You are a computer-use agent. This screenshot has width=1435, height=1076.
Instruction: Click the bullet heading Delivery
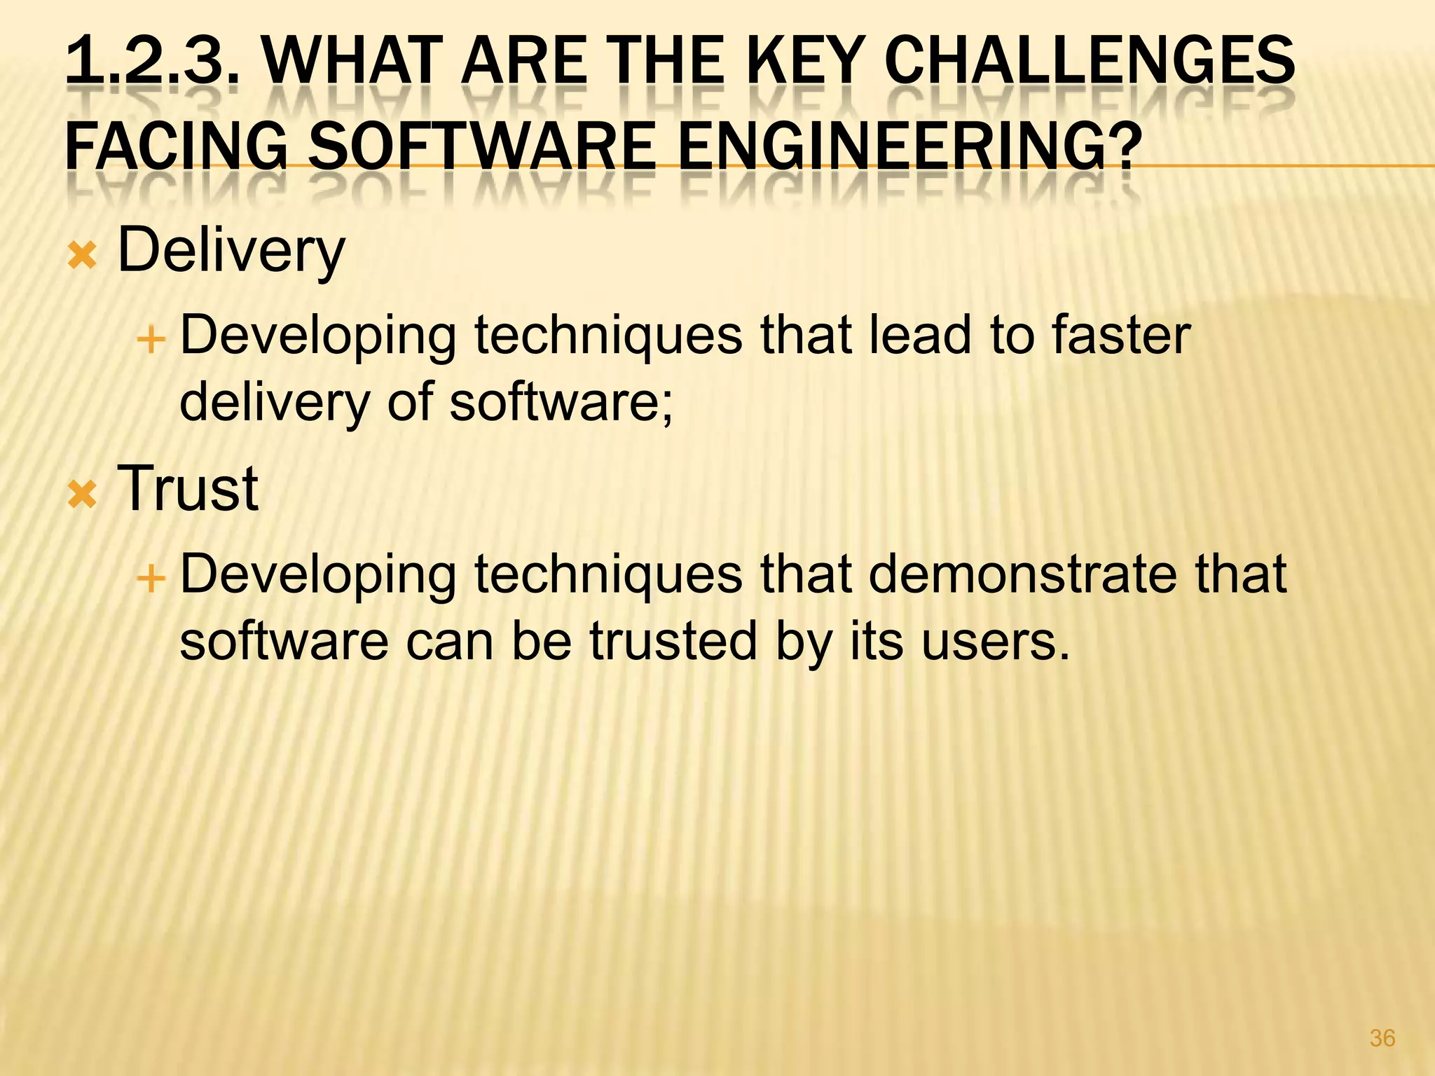point(231,251)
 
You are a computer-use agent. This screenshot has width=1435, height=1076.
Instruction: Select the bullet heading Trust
point(188,488)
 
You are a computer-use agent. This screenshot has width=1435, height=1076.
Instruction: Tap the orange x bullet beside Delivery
point(83,257)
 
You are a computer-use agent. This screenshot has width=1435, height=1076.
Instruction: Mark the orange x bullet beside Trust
point(83,495)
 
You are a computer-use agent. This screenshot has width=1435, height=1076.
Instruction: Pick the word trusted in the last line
point(673,640)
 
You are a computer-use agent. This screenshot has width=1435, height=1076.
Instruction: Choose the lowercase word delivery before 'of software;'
point(274,402)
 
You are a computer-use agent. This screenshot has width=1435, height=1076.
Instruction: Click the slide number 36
point(1382,1038)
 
